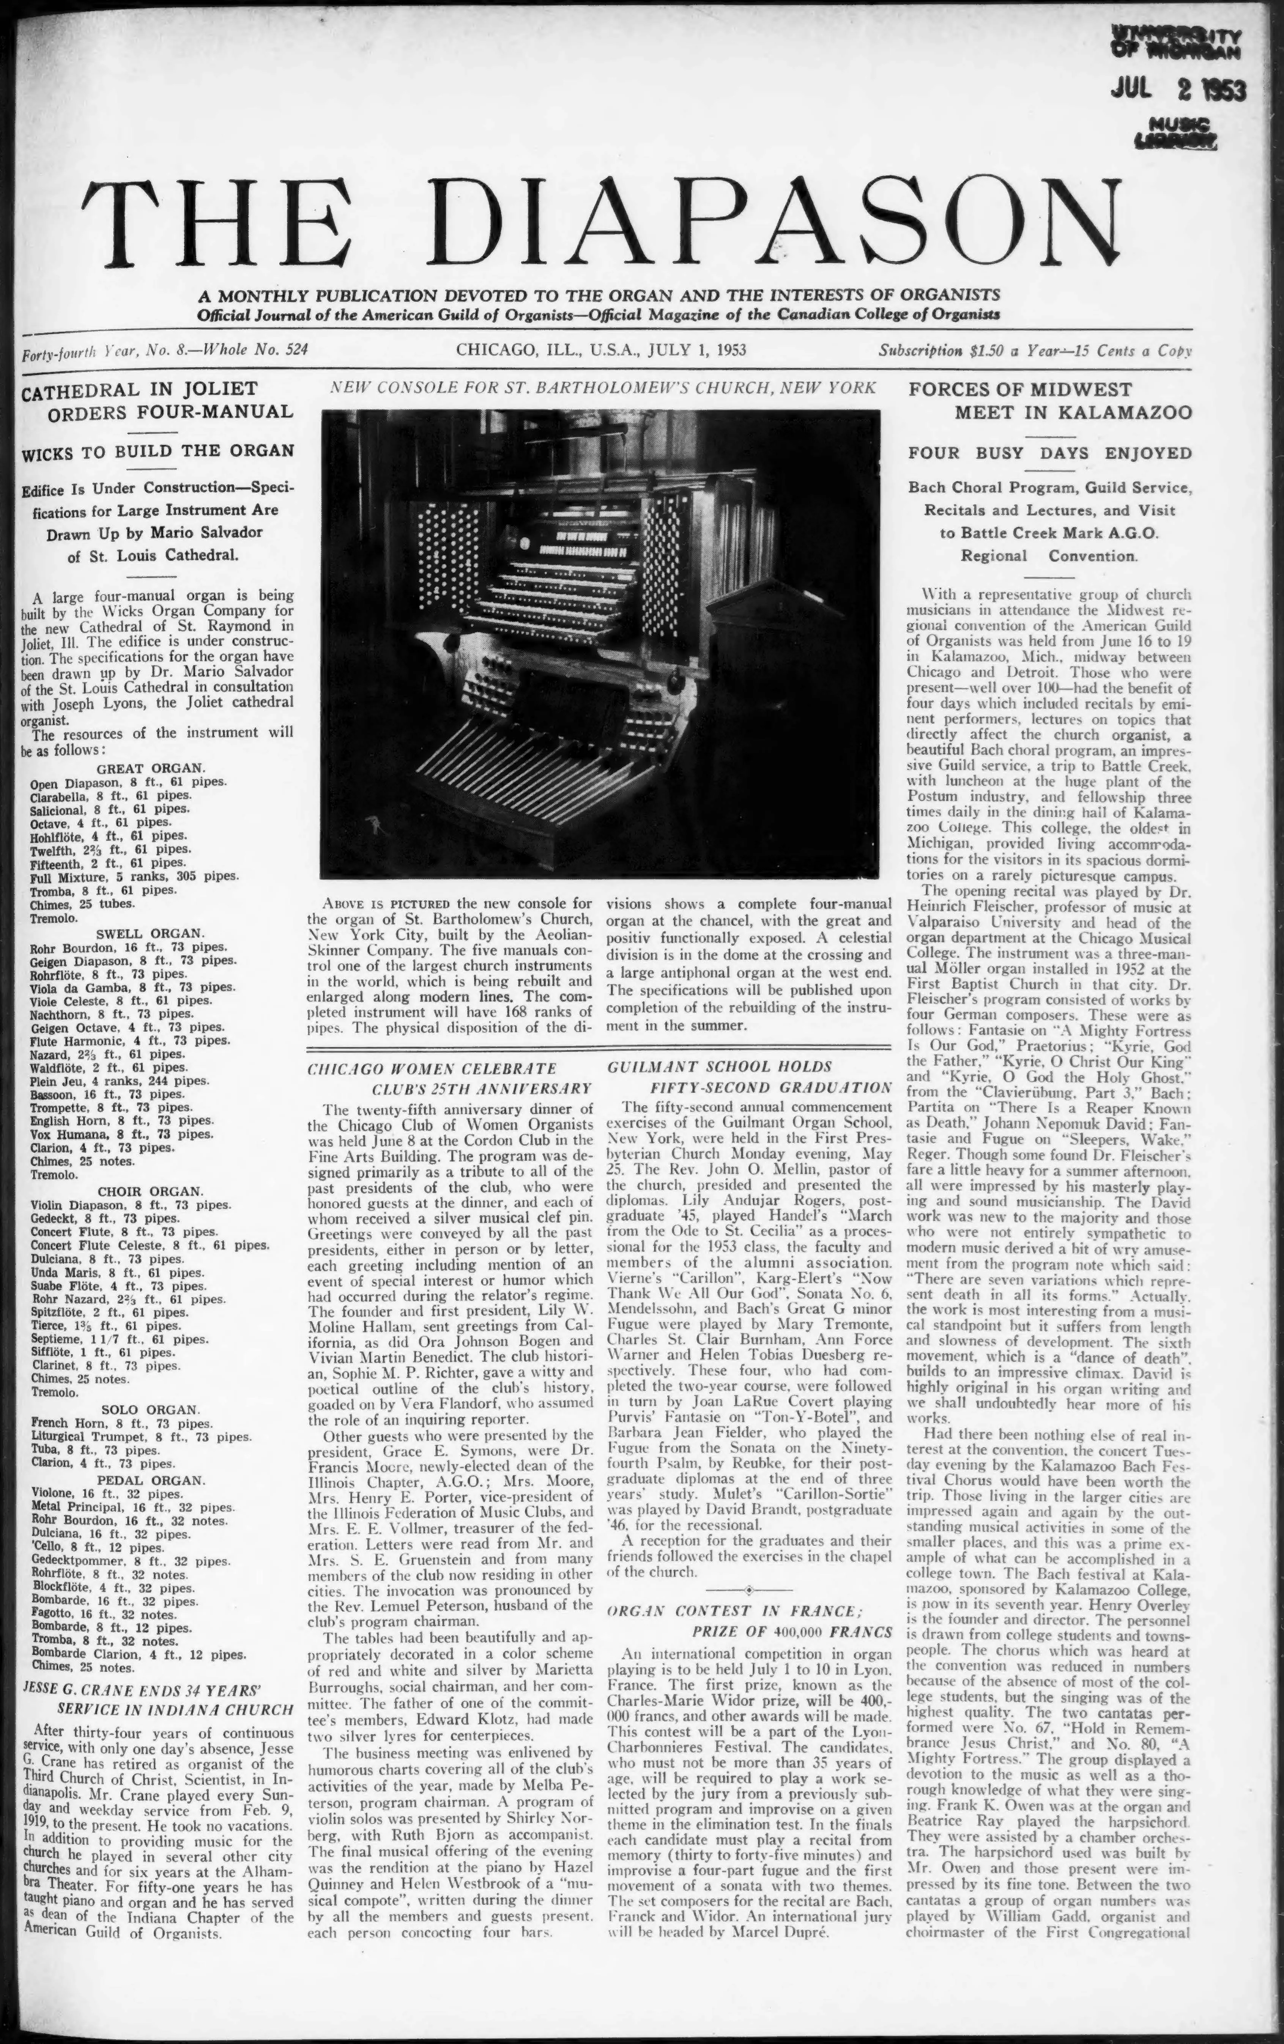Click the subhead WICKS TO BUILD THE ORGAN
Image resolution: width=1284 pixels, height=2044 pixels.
158,451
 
